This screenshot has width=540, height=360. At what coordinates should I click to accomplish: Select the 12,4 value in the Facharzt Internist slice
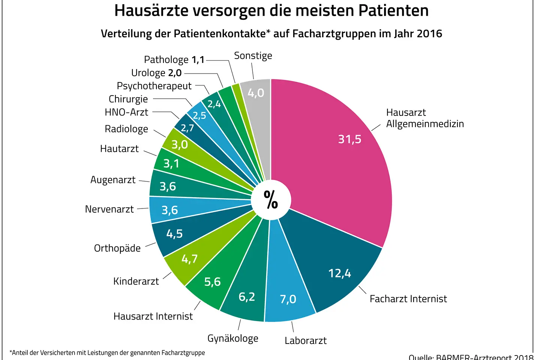coord(339,273)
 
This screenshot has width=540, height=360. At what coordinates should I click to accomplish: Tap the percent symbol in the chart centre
coord(271,199)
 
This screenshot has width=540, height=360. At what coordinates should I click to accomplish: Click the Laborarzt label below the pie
coord(305,340)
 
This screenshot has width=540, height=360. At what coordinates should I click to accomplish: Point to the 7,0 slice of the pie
coord(288,299)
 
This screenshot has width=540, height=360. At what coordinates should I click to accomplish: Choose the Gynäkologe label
coord(233,338)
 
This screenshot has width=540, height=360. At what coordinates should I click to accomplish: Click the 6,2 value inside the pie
coord(247,297)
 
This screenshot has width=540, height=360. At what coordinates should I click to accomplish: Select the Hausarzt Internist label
coord(153,316)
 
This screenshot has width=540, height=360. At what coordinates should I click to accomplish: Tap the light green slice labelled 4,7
coord(189,259)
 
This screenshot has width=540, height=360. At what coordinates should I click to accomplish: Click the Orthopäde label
coord(117,248)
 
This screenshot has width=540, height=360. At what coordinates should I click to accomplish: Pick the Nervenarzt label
coord(109,209)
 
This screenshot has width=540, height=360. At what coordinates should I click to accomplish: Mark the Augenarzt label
coord(113,180)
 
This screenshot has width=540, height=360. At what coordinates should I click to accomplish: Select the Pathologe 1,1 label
coord(174,60)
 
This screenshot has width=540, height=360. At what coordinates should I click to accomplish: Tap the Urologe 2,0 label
coord(156,73)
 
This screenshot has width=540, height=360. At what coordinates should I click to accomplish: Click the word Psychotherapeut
coord(154,86)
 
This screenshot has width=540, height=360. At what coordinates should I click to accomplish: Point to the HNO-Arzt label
coord(126,112)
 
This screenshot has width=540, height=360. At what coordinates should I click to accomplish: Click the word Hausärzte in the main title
coord(151,10)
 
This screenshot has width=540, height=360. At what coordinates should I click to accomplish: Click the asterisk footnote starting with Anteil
coord(107,352)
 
